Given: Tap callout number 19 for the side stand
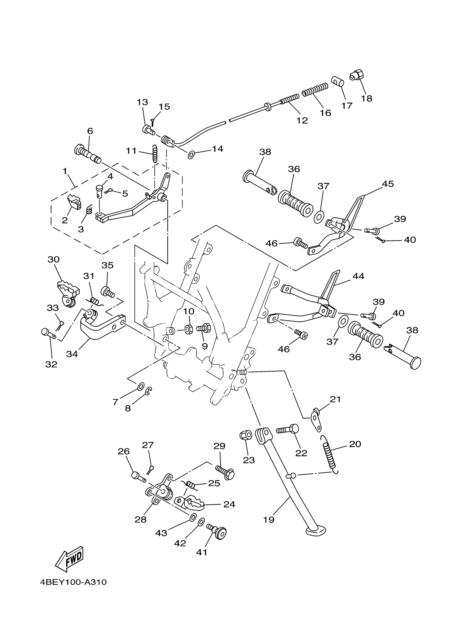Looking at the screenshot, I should coord(269,520).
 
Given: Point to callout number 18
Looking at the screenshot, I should coord(367,98).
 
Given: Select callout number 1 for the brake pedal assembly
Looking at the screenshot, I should coord(65,171).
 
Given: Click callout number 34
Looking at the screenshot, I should coord(72,354).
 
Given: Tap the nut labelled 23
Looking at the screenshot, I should coord(245,435).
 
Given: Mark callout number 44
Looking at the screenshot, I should coord(358,276).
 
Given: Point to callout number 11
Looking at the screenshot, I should coord(131,151).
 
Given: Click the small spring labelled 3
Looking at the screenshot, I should coord(89,210).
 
